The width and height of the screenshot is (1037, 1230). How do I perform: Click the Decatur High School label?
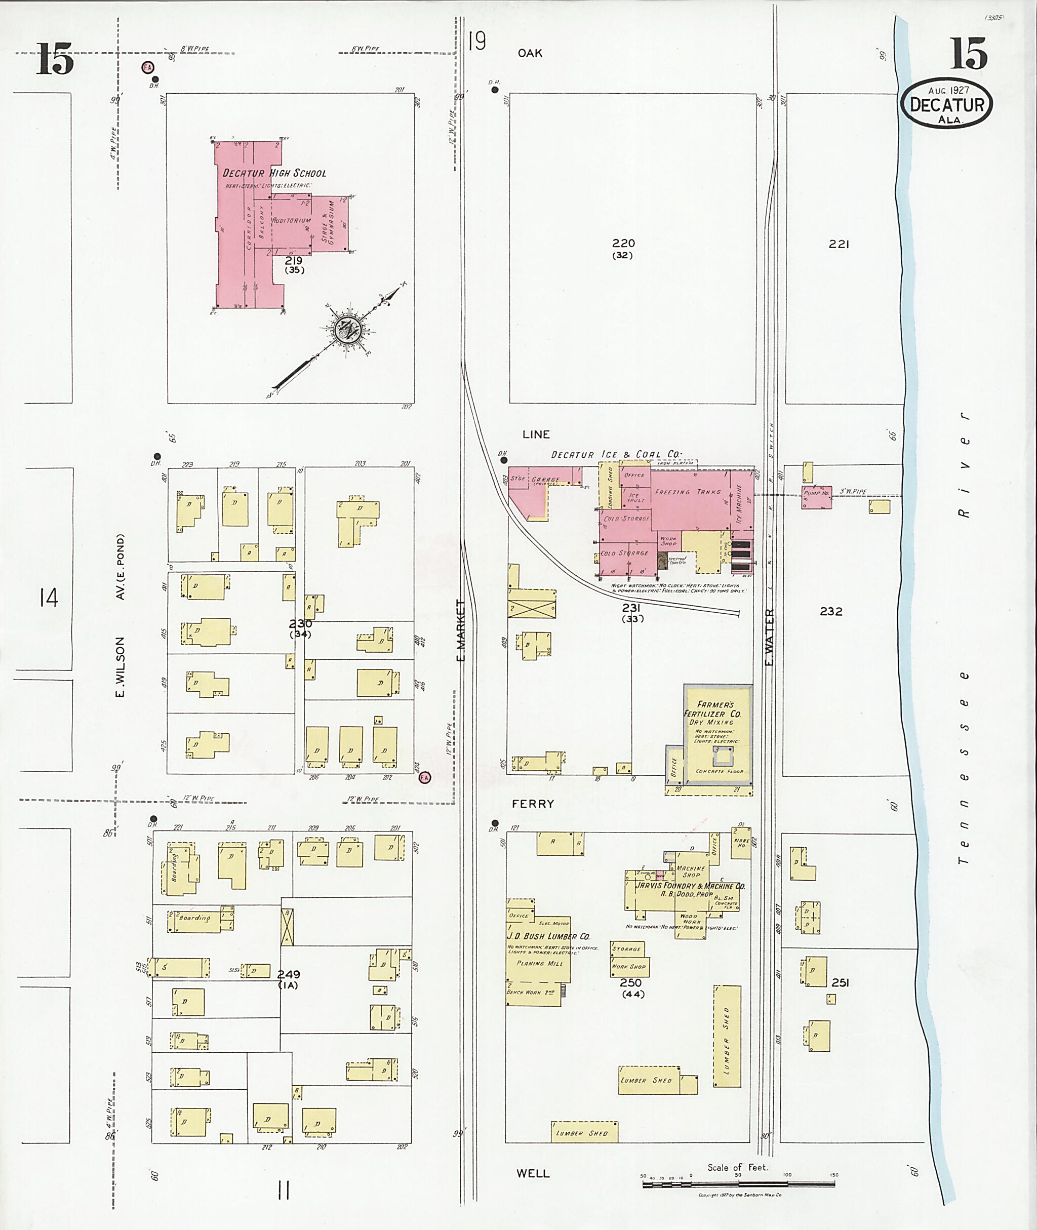pyautogui.click(x=274, y=173)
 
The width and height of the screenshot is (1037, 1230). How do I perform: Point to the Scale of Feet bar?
pyautogui.click(x=740, y=1184)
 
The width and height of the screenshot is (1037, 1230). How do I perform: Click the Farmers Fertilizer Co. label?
pyautogui.click(x=719, y=709)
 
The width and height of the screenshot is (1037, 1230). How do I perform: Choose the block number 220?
pyautogui.click(x=623, y=243)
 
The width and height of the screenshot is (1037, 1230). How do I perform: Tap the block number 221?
pyautogui.click(x=839, y=244)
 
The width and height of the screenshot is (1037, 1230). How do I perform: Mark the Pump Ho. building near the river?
pyautogui.click(x=816, y=493)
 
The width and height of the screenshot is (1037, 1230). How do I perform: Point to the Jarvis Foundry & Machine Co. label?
pyautogui.click(x=690, y=886)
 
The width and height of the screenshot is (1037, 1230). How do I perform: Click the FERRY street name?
pyautogui.click(x=533, y=804)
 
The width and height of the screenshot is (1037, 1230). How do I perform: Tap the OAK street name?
pyautogui.click(x=530, y=53)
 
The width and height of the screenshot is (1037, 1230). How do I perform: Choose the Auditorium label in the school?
pyautogui.click(x=291, y=220)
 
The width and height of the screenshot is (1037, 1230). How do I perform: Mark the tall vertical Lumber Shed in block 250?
pyautogui.click(x=727, y=1036)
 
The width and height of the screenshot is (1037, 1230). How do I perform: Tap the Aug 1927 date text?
pyautogui.click(x=948, y=91)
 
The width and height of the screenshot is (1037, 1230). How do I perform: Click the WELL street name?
pyautogui.click(x=533, y=1173)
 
